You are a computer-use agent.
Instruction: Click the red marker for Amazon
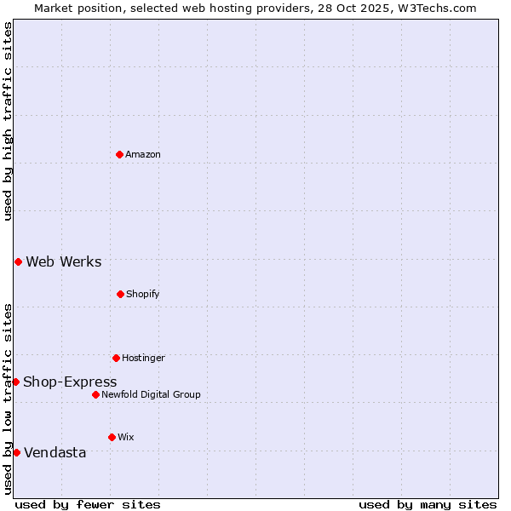119,154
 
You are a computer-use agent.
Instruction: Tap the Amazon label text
143,154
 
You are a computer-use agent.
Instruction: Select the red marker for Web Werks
18,261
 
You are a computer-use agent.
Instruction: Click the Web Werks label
64,261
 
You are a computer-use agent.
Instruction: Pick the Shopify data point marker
120,294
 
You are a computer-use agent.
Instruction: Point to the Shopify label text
143,294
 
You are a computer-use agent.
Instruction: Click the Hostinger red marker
116,358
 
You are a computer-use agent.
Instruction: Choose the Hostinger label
143,358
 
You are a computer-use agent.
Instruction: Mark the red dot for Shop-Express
15,382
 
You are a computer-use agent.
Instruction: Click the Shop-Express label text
70,382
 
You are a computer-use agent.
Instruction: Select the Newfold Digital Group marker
95,394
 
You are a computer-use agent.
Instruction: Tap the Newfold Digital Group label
152,394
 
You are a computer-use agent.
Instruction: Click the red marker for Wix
112,437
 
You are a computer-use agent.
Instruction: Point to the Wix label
126,437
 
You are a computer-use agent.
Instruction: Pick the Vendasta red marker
16,452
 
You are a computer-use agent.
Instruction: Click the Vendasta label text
55,452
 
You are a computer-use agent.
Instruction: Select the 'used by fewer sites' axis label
88,504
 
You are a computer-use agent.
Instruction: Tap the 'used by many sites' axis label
428,504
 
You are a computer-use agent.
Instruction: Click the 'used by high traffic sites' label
8,121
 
